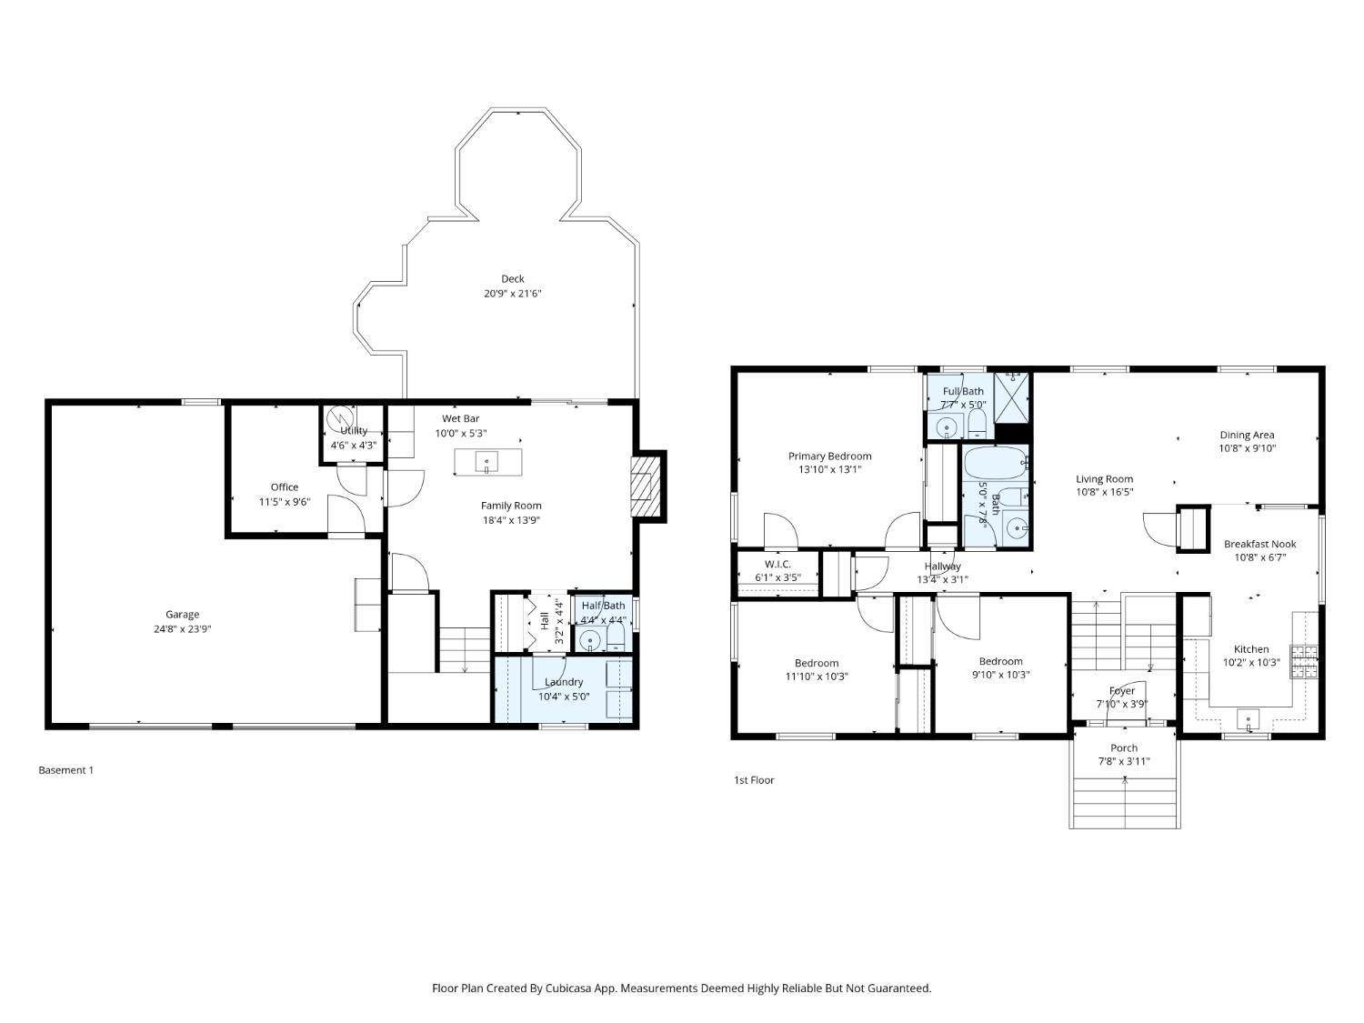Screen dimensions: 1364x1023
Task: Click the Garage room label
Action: [182, 615]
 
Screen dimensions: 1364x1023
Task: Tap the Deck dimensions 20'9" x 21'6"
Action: [513, 293]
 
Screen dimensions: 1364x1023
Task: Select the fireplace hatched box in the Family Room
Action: [645, 486]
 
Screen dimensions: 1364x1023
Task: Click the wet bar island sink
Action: [486, 462]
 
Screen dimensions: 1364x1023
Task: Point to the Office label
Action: [285, 487]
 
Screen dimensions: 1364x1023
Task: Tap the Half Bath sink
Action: [587, 639]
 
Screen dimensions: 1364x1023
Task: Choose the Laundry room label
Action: [564, 682]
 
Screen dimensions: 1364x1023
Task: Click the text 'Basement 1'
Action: [65, 770]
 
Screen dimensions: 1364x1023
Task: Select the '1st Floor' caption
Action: [754, 780]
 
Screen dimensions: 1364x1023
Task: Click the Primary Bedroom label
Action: [829, 456]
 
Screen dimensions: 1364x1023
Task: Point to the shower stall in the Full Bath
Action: [1012, 397]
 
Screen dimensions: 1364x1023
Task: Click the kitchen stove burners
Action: [1304, 662]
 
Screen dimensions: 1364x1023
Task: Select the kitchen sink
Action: [1248, 719]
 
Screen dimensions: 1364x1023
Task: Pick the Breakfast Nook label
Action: [1260, 544]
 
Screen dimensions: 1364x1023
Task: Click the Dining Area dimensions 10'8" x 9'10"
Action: [1248, 448]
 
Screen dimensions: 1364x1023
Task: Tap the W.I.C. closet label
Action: [777, 564]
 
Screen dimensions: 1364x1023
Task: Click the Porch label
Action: [1124, 748]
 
